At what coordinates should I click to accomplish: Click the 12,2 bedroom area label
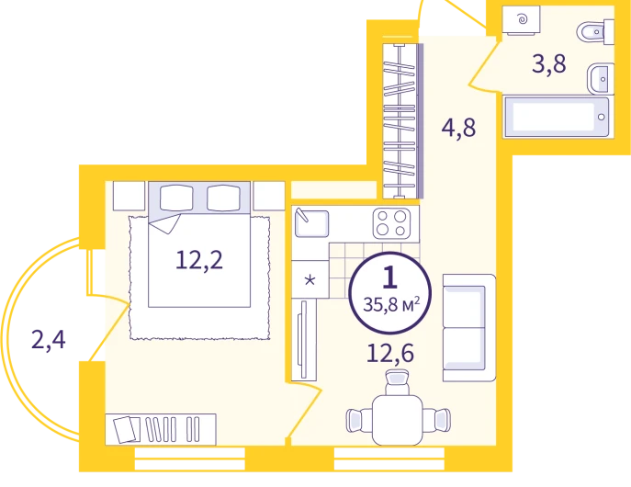(199, 260)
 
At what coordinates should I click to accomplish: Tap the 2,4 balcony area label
(49, 340)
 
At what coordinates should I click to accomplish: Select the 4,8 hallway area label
(458, 128)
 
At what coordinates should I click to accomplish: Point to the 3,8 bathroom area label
(549, 64)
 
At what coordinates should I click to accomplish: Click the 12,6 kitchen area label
(390, 354)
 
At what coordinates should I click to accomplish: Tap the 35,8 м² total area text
(391, 305)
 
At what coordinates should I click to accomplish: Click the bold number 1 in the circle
(390, 277)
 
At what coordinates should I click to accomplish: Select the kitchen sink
(311, 222)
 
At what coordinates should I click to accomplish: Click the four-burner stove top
(391, 223)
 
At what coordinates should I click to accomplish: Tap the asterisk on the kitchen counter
(310, 279)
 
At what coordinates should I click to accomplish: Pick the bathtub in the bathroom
(557, 117)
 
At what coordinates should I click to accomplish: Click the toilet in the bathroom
(595, 31)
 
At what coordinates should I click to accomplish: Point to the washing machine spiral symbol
(523, 18)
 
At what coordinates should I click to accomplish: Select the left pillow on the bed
(176, 198)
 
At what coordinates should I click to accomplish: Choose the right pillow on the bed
(224, 198)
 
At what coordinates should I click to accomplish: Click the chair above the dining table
(397, 382)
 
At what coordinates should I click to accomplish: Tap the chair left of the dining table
(359, 420)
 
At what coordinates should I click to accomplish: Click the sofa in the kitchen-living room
(469, 328)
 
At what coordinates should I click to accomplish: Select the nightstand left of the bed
(129, 196)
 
